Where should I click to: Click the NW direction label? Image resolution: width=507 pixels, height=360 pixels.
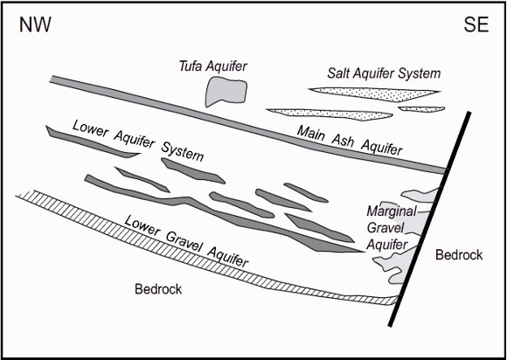[35, 24]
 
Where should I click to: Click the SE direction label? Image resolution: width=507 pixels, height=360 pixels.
[476, 24]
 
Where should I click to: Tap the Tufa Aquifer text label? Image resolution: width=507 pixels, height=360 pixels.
[213, 66]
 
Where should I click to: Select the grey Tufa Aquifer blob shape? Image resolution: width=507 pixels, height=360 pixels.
[226, 92]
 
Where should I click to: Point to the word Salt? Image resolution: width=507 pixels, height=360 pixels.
[338, 73]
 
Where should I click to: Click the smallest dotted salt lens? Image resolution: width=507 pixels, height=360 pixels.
[421, 109]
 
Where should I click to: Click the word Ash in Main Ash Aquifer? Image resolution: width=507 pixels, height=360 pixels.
[343, 140]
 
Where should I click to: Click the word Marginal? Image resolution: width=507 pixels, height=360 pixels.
[392, 212]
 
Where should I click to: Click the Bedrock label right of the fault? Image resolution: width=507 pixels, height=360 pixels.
[459, 255]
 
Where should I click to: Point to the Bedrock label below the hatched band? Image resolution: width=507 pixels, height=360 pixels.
[158, 289]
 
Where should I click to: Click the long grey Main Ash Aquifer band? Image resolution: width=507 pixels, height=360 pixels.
[248, 125]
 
